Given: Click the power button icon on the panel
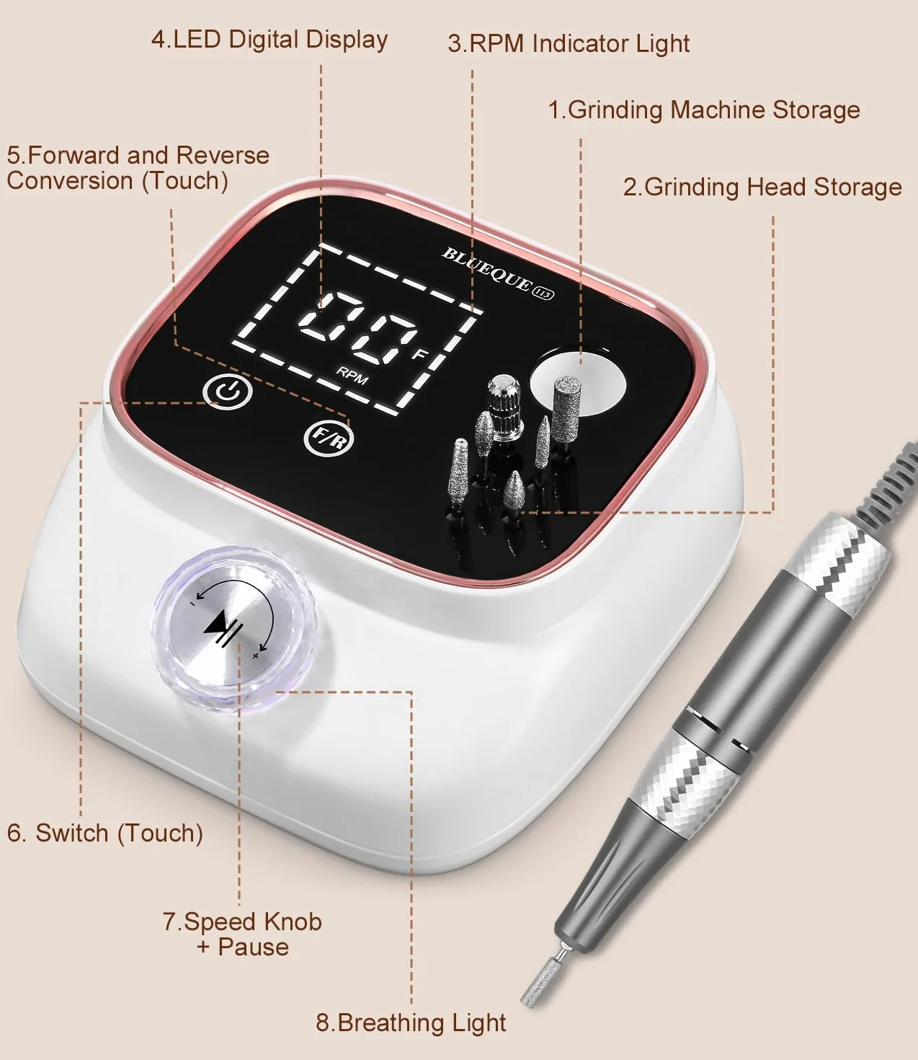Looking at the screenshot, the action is (x=228, y=392).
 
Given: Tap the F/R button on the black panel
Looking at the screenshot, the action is (x=329, y=438).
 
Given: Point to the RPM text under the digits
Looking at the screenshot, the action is (x=352, y=376).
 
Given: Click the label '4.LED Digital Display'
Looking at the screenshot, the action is (x=269, y=40).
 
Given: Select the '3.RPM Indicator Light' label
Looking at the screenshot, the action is (x=569, y=43).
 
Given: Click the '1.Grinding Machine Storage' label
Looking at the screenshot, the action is (x=704, y=110).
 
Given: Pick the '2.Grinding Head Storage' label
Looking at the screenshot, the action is (x=762, y=187).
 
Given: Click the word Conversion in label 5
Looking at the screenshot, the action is (x=70, y=181).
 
